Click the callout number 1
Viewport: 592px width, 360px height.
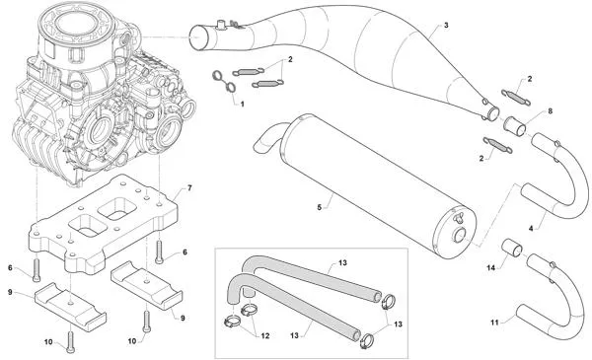click(242, 104)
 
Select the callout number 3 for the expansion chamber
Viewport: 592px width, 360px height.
click(446, 26)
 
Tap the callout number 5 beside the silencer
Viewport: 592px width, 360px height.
click(319, 207)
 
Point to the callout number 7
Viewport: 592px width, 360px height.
click(189, 187)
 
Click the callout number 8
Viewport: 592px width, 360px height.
click(551, 111)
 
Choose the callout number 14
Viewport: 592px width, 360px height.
click(490, 268)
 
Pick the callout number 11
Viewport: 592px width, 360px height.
click(494, 323)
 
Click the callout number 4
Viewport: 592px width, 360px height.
click(531, 228)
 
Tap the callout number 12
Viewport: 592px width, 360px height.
click(265, 335)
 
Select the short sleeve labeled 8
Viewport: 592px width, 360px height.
click(515, 125)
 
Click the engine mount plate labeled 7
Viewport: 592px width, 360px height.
click(103, 224)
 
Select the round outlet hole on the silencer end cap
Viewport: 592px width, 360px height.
click(460, 237)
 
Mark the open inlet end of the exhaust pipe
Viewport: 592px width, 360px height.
click(199, 37)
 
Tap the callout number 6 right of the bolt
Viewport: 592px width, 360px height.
click(185, 252)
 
